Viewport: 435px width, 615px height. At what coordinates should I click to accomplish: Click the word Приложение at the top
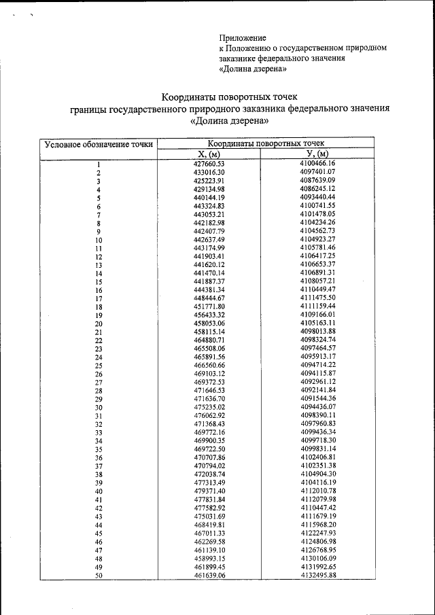tap(243, 38)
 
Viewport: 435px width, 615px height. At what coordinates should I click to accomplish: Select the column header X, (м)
tap(209, 154)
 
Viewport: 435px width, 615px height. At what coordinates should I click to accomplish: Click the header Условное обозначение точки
tap(99, 144)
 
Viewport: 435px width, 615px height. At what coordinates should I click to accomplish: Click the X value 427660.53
tap(209, 164)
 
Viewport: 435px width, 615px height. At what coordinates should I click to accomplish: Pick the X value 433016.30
tap(209, 172)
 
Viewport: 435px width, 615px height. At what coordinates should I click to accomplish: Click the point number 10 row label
tap(99, 240)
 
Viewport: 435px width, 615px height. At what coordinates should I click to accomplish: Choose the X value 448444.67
tap(209, 298)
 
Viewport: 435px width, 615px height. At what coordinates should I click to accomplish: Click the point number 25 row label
tap(99, 366)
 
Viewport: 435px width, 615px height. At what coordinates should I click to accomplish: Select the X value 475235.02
tap(209, 407)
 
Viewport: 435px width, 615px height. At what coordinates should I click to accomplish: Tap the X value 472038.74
tap(209, 474)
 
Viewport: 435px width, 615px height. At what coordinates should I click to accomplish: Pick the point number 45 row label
tap(99, 533)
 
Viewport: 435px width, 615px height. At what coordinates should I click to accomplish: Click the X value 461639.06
tap(209, 575)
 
